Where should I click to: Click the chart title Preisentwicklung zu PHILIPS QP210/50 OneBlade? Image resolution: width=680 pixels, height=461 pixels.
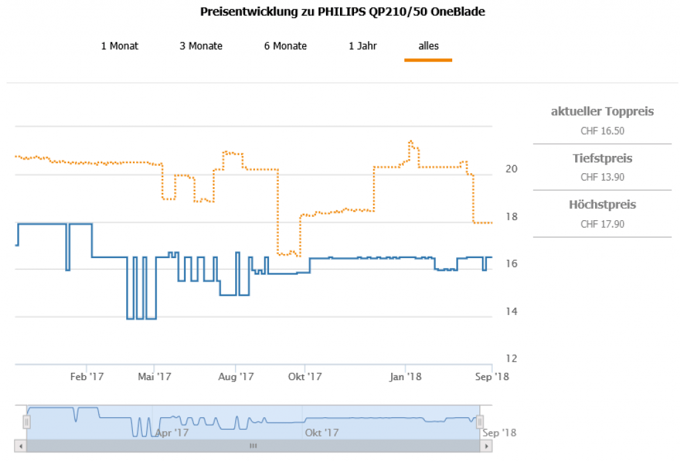(x=342, y=13)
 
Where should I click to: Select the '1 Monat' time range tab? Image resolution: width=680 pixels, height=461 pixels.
(x=120, y=46)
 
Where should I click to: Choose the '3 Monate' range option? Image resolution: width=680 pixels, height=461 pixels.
(x=201, y=46)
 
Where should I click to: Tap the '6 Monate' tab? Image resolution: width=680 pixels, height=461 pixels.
(x=286, y=46)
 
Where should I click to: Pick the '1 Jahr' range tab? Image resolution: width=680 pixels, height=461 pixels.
(x=363, y=46)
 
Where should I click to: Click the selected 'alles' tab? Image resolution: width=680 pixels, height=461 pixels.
(x=428, y=46)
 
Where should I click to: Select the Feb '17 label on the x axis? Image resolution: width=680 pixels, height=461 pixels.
(x=87, y=377)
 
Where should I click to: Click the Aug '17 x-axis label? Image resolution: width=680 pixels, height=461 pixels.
(x=236, y=377)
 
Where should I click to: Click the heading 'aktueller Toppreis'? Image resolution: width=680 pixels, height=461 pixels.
(x=602, y=111)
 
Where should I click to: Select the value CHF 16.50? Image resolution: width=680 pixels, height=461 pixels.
(x=602, y=131)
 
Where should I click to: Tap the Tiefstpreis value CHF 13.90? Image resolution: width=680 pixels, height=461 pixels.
(x=602, y=177)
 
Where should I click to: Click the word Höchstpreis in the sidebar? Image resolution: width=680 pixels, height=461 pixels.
(x=602, y=204)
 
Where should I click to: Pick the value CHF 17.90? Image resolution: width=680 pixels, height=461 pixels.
(x=602, y=224)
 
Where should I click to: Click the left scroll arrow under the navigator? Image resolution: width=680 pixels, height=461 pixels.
(x=21, y=446)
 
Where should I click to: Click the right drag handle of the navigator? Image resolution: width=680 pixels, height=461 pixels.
(x=480, y=422)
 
